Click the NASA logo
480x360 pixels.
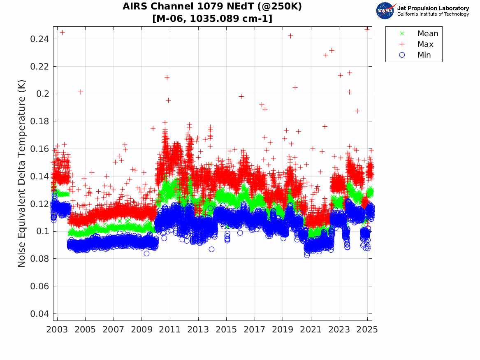[x=385, y=11]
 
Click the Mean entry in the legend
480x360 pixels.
[x=427, y=34]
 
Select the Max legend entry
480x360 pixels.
[x=425, y=44]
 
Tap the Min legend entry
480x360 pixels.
[x=424, y=55]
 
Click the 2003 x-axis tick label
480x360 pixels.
[x=57, y=330]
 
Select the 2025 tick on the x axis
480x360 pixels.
[x=367, y=330]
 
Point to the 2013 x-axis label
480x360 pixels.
[x=198, y=330]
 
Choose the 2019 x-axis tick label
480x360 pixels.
[x=283, y=330]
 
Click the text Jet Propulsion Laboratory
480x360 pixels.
[x=433, y=8]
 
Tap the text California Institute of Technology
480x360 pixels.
[x=433, y=14]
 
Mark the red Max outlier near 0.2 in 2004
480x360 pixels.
[x=81, y=92]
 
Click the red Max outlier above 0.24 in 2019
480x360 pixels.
[x=290, y=36]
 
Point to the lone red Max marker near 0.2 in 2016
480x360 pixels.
[x=241, y=96]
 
